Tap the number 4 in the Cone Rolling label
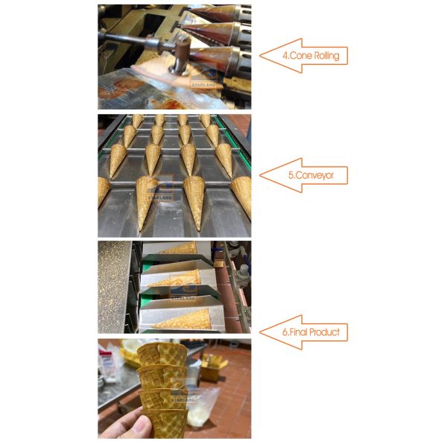[285, 56]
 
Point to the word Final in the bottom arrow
[299, 332]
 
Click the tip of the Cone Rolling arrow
[260, 56]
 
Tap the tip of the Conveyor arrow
[260, 175]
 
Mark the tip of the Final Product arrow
[260, 332]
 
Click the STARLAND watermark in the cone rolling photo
[203, 85]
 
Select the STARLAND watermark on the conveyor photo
[160, 197]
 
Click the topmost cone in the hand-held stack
[162, 355]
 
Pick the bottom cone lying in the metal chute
[182, 320]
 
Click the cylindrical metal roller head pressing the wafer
[180, 58]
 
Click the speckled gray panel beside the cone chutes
[114, 287]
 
